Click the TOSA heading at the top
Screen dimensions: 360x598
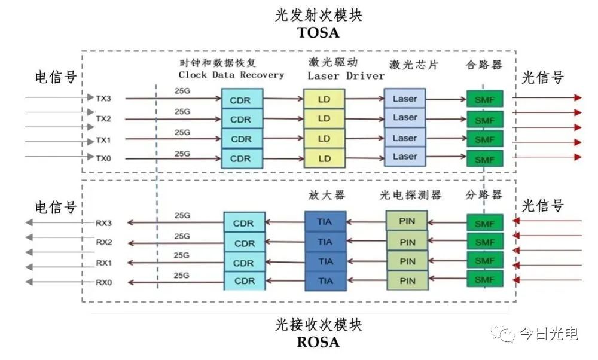pyautogui.click(x=318, y=33)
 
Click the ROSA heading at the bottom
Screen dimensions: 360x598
pyautogui.click(x=318, y=343)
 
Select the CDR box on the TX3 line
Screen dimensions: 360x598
pyautogui.click(x=241, y=100)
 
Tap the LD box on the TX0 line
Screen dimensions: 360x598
pyautogui.click(x=324, y=158)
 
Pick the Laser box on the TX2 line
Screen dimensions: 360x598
pyautogui.click(x=405, y=118)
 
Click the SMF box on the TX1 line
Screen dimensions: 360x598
pyautogui.click(x=484, y=140)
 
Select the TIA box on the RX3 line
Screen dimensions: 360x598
pyautogui.click(x=325, y=222)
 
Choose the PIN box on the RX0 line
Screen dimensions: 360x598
pyautogui.click(x=407, y=280)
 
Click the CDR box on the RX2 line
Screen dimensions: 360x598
pyautogui.click(x=244, y=243)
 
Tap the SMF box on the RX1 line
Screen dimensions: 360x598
pyautogui.click(x=484, y=262)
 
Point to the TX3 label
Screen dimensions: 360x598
pyautogui.click(x=103, y=97)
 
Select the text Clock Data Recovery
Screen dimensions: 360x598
pyautogui.click(x=231, y=75)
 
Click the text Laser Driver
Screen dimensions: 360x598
pyautogui.click(x=346, y=76)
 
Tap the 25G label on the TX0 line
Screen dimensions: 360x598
pyautogui.click(x=183, y=153)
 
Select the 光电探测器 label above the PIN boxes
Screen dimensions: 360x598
pyautogui.click(x=410, y=196)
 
